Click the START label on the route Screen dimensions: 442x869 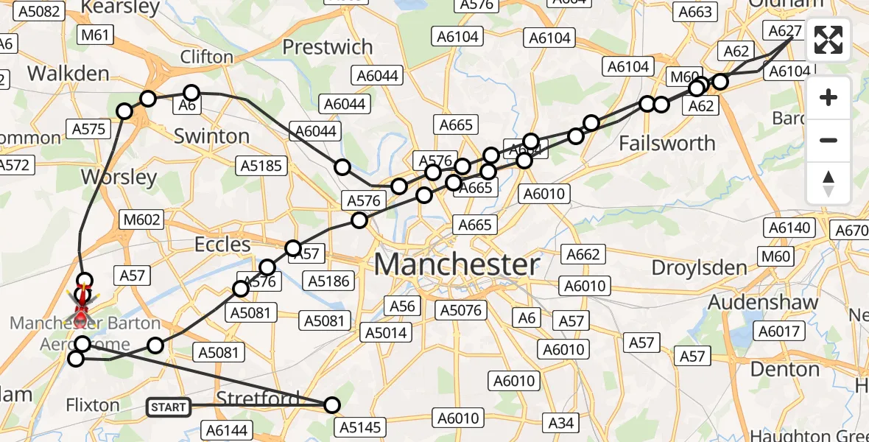(169, 407)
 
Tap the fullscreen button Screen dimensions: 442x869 (828, 40)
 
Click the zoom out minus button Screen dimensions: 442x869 (828, 140)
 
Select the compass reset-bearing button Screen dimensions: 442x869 (828, 183)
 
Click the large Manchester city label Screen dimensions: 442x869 (457, 264)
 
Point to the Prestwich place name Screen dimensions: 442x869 (328, 47)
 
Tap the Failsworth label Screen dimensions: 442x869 (667, 143)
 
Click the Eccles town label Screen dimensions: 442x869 (222, 244)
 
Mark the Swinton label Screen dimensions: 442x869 (211, 136)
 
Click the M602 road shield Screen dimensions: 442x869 (139, 220)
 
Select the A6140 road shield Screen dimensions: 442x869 (790, 228)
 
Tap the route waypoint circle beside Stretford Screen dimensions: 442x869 (332, 404)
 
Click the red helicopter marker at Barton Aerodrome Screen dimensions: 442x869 (82, 313)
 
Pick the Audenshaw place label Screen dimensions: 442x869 (763, 302)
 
